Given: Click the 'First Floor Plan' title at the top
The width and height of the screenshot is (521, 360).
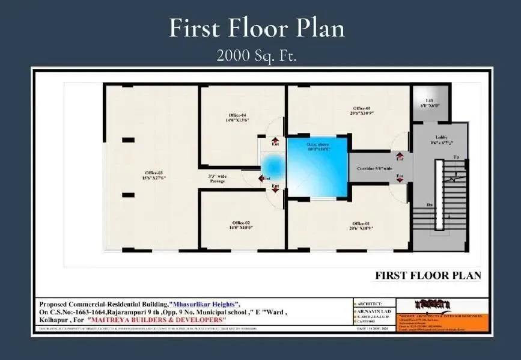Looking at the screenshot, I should click(x=257, y=28).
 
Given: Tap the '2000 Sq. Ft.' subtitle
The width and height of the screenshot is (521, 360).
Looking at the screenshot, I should click(x=257, y=56).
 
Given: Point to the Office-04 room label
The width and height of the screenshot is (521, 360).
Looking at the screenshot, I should click(x=237, y=117).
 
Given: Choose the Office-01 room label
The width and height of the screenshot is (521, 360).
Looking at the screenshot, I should click(x=361, y=226).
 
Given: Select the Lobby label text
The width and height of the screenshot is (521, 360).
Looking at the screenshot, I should click(x=441, y=139).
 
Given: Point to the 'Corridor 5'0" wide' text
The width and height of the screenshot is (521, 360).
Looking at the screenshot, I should click(x=371, y=169).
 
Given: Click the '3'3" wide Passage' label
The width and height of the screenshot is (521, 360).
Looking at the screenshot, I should click(x=218, y=178).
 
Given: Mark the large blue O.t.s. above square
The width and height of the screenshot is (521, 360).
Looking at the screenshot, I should click(x=317, y=167).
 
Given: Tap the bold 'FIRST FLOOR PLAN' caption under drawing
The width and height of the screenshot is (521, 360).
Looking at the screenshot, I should click(x=428, y=276).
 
